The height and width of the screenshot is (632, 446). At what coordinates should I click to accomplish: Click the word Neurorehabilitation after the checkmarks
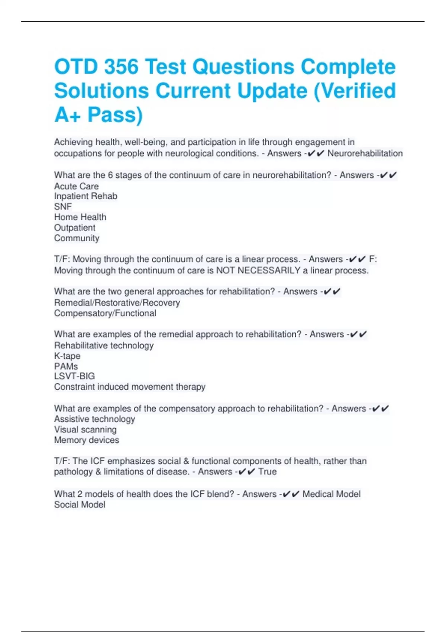point(365,153)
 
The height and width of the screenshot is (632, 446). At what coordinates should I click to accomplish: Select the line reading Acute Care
point(77,186)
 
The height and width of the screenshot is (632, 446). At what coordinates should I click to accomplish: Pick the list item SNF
point(63,206)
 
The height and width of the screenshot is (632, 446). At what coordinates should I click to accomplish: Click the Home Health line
point(80,217)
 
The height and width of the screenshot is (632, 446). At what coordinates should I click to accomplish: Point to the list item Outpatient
point(75,228)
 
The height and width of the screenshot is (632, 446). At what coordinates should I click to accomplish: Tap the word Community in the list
point(77,238)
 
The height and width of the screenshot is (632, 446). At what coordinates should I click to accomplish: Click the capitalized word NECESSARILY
point(269,270)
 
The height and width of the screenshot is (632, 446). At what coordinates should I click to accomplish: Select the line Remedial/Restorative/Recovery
point(117,303)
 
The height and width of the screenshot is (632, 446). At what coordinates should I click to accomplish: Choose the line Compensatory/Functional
point(105,313)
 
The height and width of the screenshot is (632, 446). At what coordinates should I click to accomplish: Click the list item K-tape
point(67,356)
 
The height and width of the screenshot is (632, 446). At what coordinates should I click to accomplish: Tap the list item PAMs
point(66,366)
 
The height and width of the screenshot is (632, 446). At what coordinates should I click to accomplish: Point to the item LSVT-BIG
point(74,376)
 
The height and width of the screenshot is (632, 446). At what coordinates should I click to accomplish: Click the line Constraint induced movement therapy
point(129,387)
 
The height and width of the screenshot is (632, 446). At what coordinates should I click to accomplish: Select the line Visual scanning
point(85,429)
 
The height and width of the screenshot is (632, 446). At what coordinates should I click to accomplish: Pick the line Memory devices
point(87,440)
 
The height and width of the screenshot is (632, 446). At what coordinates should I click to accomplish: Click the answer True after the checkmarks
point(267,471)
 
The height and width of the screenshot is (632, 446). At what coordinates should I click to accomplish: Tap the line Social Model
point(80,504)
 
